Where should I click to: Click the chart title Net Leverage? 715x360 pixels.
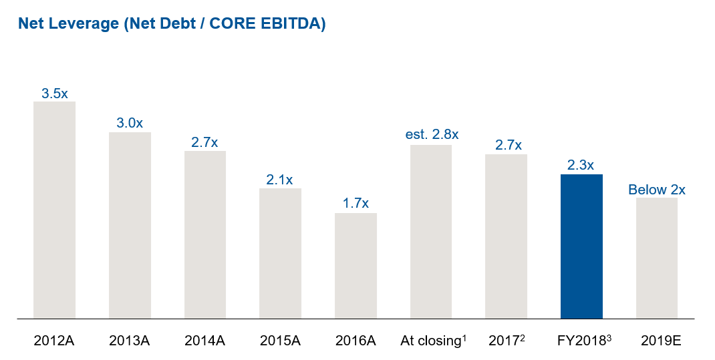click(x=172, y=24)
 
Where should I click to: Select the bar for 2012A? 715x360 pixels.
click(x=54, y=210)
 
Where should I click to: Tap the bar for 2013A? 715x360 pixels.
click(x=130, y=225)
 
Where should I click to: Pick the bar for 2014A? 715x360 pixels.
click(x=205, y=234)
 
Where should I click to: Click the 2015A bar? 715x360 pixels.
click(x=280, y=253)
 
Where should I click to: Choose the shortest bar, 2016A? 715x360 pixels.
click(x=355, y=266)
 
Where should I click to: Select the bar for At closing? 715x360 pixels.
click(x=431, y=231)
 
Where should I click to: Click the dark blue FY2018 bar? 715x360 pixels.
click(x=581, y=246)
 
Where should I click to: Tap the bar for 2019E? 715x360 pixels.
click(x=657, y=258)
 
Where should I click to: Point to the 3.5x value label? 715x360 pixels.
click(x=54, y=94)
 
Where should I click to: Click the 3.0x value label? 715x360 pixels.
click(x=130, y=124)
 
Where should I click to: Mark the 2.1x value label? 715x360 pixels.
click(x=280, y=180)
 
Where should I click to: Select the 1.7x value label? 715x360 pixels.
click(x=355, y=204)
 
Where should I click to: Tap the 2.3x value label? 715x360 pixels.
click(x=581, y=165)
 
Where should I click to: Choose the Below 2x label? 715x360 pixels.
click(x=657, y=190)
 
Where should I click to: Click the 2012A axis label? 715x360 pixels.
click(x=54, y=341)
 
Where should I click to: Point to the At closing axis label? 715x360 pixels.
click(x=433, y=341)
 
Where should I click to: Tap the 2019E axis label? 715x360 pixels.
click(x=657, y=341)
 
